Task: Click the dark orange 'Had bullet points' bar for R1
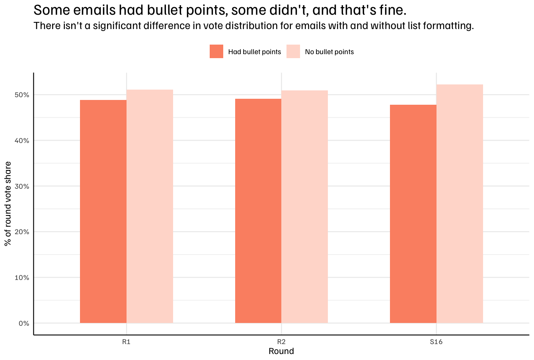coord(103,211)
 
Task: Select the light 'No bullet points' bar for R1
coord(150,206)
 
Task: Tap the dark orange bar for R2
coord(258,211)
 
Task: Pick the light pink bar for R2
coord(305,207)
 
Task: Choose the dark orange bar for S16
coord(413,214)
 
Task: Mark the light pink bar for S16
coord(460,204)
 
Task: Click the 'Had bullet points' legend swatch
coord(216,51)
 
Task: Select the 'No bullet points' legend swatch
coord(293,51)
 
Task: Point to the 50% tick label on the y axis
coord(22,95)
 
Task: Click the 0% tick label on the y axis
coord(24,323)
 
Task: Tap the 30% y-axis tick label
coord(22,186)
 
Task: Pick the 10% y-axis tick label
coord(22,278)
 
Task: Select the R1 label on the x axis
coord(127,342)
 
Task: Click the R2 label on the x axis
coord(281,342)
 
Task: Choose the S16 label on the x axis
coord(436,342)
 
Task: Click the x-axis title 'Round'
coord(281,351)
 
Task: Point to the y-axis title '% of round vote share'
coord(8,204)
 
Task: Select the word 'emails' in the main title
coord(94,10)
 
